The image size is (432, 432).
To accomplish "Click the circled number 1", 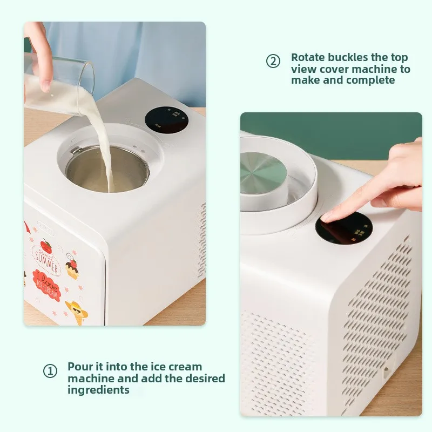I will click(x=50, y=372).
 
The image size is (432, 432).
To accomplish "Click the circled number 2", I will click(x=274, y=62).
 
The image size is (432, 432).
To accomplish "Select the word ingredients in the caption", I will click(x=98, y=390).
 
